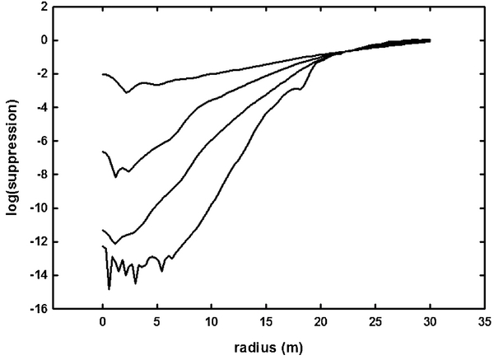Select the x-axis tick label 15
265,324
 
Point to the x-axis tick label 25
375,324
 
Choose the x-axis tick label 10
211,324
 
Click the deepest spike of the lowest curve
110,289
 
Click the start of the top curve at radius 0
103,74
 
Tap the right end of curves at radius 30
429,40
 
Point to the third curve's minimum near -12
114,244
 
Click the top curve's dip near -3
127,92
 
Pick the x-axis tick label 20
320,324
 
